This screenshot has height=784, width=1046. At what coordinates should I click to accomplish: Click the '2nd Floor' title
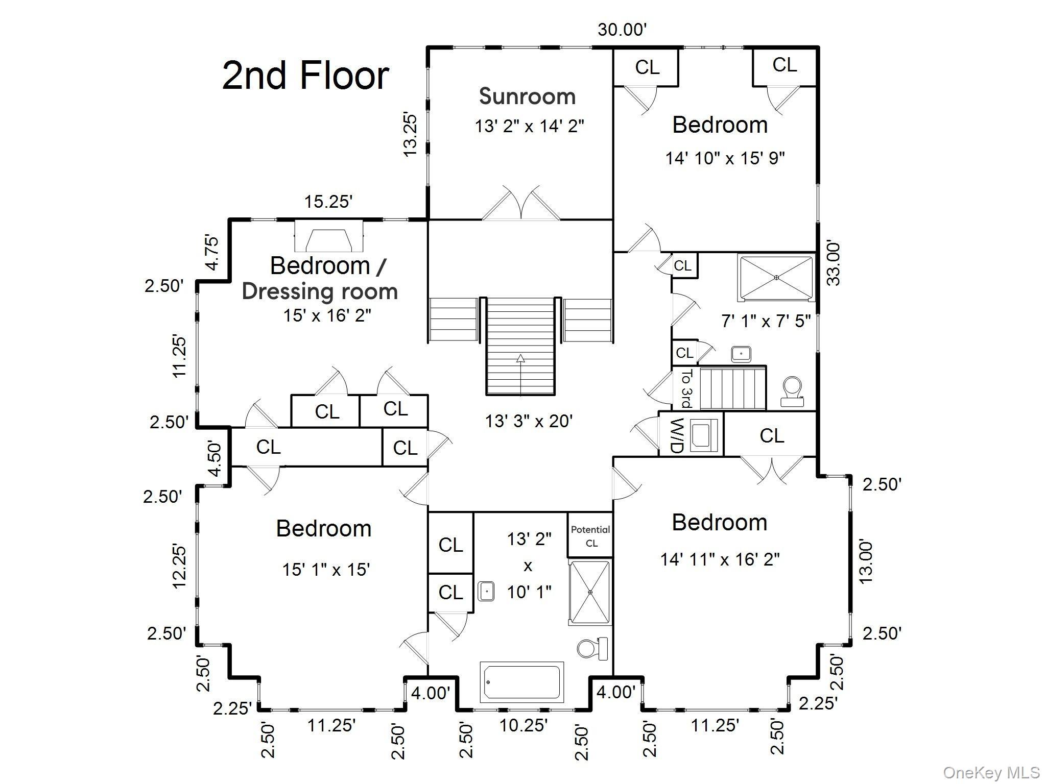[x=305, y=76]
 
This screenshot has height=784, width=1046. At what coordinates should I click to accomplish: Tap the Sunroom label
[x=527, y=96]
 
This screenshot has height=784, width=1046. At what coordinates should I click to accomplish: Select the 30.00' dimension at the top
[x=622, y=30]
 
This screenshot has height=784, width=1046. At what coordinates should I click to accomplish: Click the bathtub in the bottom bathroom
[x=521, y=682]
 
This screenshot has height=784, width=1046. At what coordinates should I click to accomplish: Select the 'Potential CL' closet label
[x=590, y=536]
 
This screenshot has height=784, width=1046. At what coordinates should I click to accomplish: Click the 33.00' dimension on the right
[x=833, y=263]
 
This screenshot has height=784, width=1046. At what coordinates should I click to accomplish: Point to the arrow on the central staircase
[x=520, y=359]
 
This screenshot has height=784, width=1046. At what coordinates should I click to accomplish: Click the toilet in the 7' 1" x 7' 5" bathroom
[x=792, y=391]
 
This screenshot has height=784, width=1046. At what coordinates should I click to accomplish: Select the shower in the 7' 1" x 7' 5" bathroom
[x=776, y=278]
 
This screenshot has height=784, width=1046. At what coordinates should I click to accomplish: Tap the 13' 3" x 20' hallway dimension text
[x=529, y=421]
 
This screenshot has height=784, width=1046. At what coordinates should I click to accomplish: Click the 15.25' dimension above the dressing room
[x=328, y=202]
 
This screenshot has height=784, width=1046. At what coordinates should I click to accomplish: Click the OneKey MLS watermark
[x=991, y=773]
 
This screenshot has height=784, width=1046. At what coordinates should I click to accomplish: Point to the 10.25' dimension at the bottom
[x=523, y=725]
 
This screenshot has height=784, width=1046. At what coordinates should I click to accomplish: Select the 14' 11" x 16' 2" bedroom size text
[x=720, y=559]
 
